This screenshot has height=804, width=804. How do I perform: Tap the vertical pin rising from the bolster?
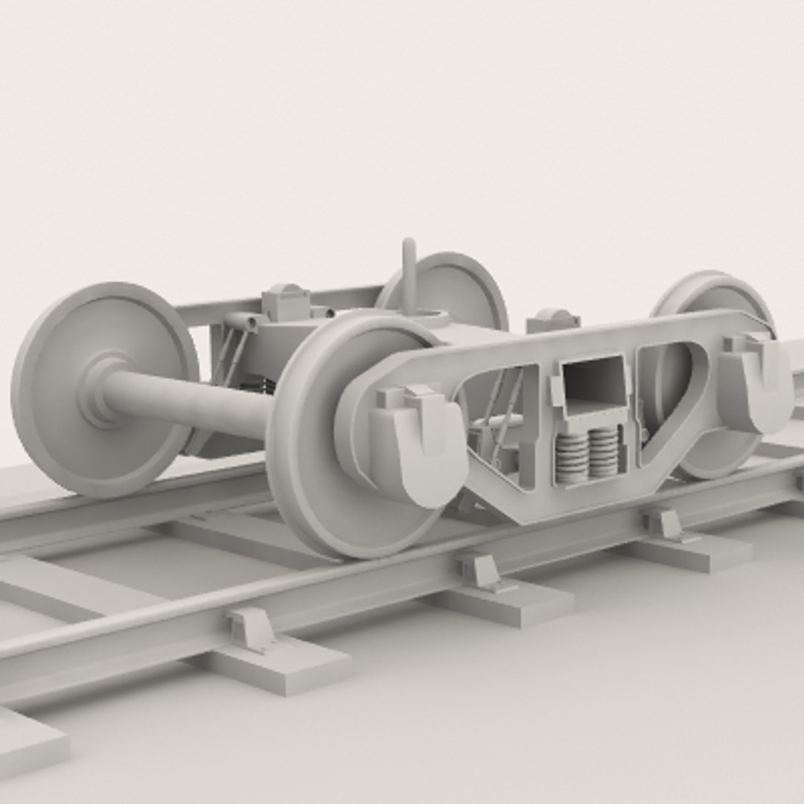tap(409, 275)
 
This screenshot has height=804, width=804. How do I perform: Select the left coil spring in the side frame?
tap(572, 456)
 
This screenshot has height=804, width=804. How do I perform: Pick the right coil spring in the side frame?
tap(604, 452)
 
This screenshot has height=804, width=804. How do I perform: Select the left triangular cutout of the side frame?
tap(499, 424)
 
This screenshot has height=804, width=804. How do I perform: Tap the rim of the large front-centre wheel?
tap(298, 476)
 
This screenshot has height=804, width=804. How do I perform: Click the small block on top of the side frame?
tap(552, 321)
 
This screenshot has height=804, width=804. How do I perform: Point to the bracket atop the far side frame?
tap(286, 301)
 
